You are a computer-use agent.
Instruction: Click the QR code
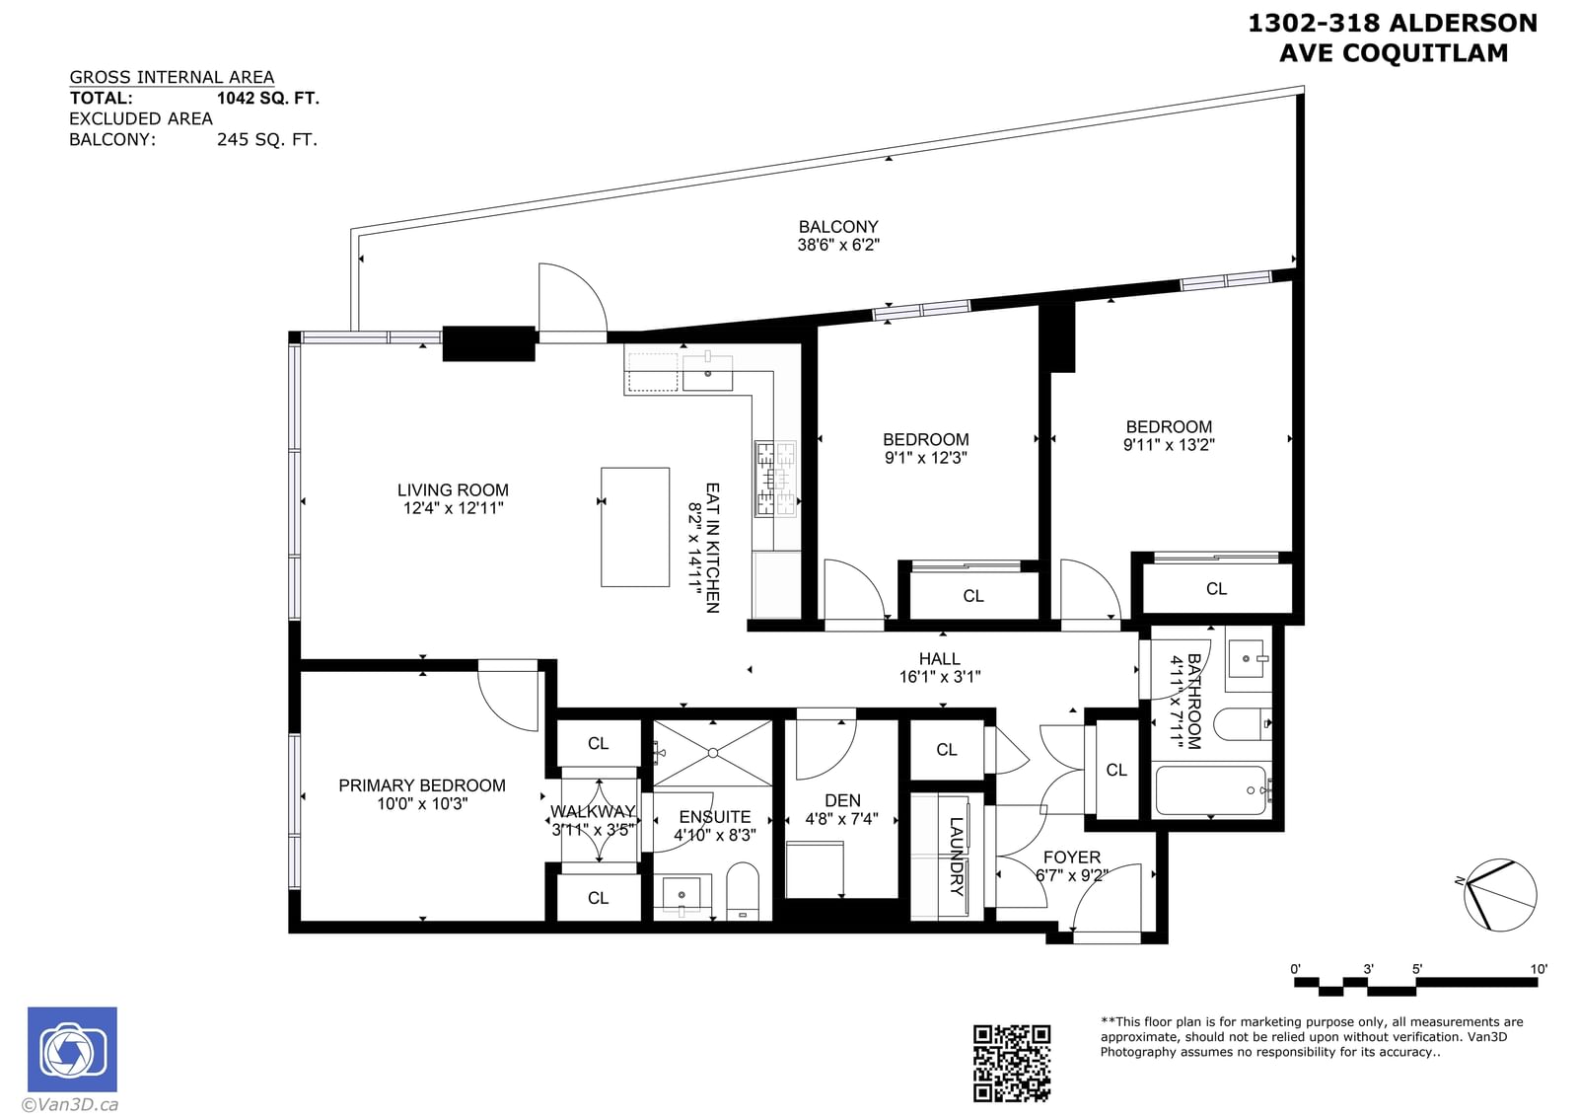point(1012,1063)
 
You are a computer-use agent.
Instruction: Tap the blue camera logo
point(73,1049)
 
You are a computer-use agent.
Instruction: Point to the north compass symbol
point(1499,896)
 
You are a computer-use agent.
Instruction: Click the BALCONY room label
point(838,227)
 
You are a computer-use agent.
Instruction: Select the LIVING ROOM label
point(453,489)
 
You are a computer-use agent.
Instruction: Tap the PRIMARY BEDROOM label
point(422,785)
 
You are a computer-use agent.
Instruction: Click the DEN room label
point(842,800)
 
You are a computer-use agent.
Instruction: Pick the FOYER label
point(1071,858)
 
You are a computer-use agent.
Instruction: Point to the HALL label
point(940,659)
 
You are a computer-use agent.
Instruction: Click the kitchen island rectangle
point(635,527)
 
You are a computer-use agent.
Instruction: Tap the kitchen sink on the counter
point(707,373)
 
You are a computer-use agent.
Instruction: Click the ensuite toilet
point(743,891)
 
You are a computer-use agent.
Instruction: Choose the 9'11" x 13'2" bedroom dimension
point(1169,445)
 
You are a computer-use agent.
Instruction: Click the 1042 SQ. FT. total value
point(268,98)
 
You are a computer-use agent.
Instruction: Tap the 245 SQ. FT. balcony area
point(267,139)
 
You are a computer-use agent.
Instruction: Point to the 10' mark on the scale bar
point(1539,969)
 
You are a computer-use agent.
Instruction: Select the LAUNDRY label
point(956,857)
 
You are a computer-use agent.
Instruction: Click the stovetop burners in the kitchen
point(775,479)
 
